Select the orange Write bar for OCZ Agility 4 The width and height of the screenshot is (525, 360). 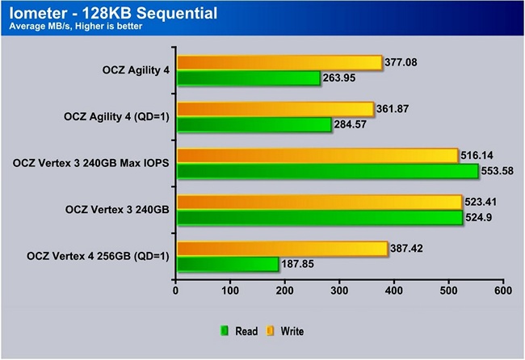279,62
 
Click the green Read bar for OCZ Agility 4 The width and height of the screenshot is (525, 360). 248,78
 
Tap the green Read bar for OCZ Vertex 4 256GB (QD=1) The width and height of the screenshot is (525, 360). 227,264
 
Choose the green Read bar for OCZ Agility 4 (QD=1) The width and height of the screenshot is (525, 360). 254,124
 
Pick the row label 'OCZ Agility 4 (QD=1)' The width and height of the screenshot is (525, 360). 116,117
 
